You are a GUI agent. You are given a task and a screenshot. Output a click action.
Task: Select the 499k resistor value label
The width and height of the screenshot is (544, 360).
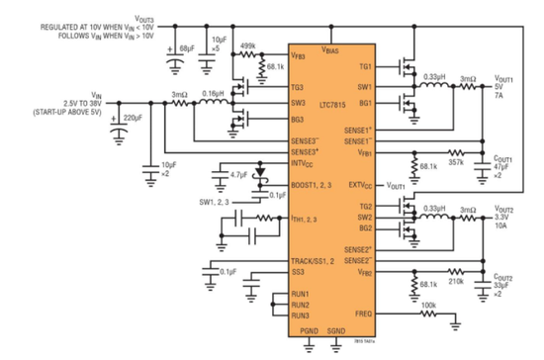248,45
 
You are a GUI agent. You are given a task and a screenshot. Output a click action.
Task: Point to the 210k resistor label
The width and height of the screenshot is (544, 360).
457,280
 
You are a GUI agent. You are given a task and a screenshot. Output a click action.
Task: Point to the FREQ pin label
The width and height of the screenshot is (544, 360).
363,315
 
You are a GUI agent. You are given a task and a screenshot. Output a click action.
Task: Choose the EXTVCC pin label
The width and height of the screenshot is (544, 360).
359,184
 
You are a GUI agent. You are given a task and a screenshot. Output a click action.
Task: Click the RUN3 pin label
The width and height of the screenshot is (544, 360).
301,315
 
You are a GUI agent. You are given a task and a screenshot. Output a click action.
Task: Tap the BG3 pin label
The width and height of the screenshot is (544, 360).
299,119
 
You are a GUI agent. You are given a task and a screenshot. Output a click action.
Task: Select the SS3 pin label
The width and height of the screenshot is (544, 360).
297,271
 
